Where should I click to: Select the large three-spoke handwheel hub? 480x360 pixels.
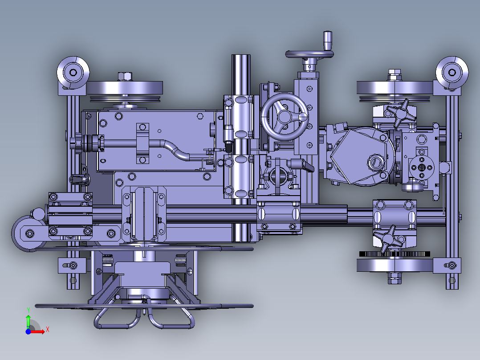285,116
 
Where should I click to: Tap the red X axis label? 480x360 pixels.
48,330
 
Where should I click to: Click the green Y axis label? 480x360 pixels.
28,310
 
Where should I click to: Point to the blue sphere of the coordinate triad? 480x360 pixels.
28,331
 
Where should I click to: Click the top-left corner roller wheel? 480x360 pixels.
73,73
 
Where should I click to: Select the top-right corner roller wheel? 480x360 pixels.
452,73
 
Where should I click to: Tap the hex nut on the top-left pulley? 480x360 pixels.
125,76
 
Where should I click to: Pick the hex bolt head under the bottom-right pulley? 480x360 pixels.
395,278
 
